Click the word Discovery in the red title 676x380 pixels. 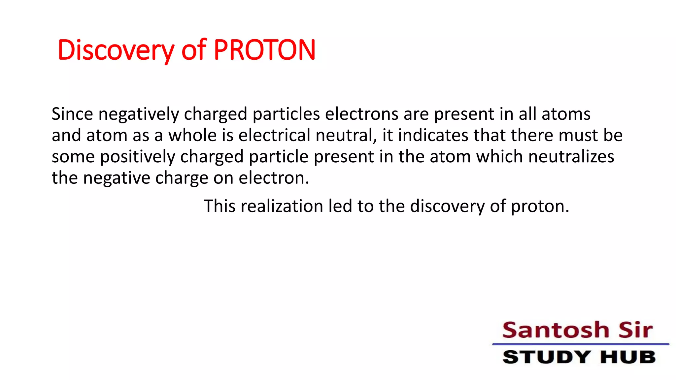(x=116, y=50)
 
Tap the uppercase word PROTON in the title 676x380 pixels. (x=264, y=50)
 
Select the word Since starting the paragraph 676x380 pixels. (x=72, y=114)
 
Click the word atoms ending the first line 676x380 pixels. (x=566, y=114)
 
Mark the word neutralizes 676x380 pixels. (x=571, y=156)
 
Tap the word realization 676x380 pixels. (x=282, y=206)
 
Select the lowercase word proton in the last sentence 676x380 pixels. (x=540, y=207)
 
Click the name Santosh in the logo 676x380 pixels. (x=556, y=330)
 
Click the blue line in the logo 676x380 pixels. (x=581, y=344)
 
